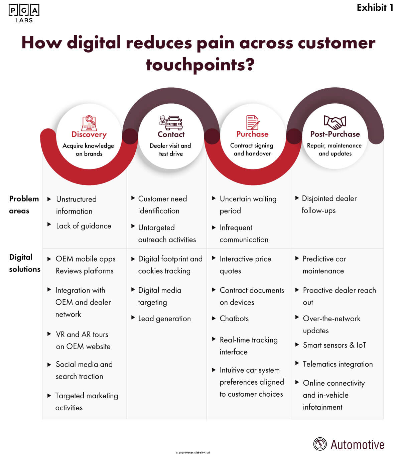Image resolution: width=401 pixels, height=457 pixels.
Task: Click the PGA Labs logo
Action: pos(24,13)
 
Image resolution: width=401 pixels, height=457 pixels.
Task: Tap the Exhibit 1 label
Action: pos(375,7)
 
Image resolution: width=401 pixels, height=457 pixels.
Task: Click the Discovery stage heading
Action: pos(89,134)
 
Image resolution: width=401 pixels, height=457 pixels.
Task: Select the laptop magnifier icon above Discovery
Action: pos(89,122)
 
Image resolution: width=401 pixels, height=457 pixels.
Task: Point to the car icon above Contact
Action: pos(171,122)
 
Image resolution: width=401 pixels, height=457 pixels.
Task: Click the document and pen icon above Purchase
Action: pos(253,122)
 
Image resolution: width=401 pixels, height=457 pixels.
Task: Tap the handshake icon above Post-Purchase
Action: pos(335,122)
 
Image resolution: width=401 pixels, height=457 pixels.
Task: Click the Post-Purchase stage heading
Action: pos(335,134)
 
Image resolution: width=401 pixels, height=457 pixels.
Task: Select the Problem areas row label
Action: pos(23,204)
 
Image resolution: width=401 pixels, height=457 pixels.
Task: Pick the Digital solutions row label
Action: pos(24,263)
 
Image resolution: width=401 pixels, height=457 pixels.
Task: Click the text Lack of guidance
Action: pos(84,226)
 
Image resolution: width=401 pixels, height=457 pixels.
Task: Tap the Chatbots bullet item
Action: pos(234,319)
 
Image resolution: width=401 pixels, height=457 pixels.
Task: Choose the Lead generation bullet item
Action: pos(164,319)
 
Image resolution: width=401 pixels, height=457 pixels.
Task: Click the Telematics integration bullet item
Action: pos(338,364)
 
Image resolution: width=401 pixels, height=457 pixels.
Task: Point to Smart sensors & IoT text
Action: pos(335,345)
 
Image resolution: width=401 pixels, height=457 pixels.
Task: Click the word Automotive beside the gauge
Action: pos(357,445)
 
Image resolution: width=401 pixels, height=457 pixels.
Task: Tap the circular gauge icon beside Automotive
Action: pos(320,444)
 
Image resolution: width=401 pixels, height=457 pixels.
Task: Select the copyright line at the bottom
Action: pos(193,453)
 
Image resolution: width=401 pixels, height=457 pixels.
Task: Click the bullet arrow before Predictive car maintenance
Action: pos(297,258)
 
